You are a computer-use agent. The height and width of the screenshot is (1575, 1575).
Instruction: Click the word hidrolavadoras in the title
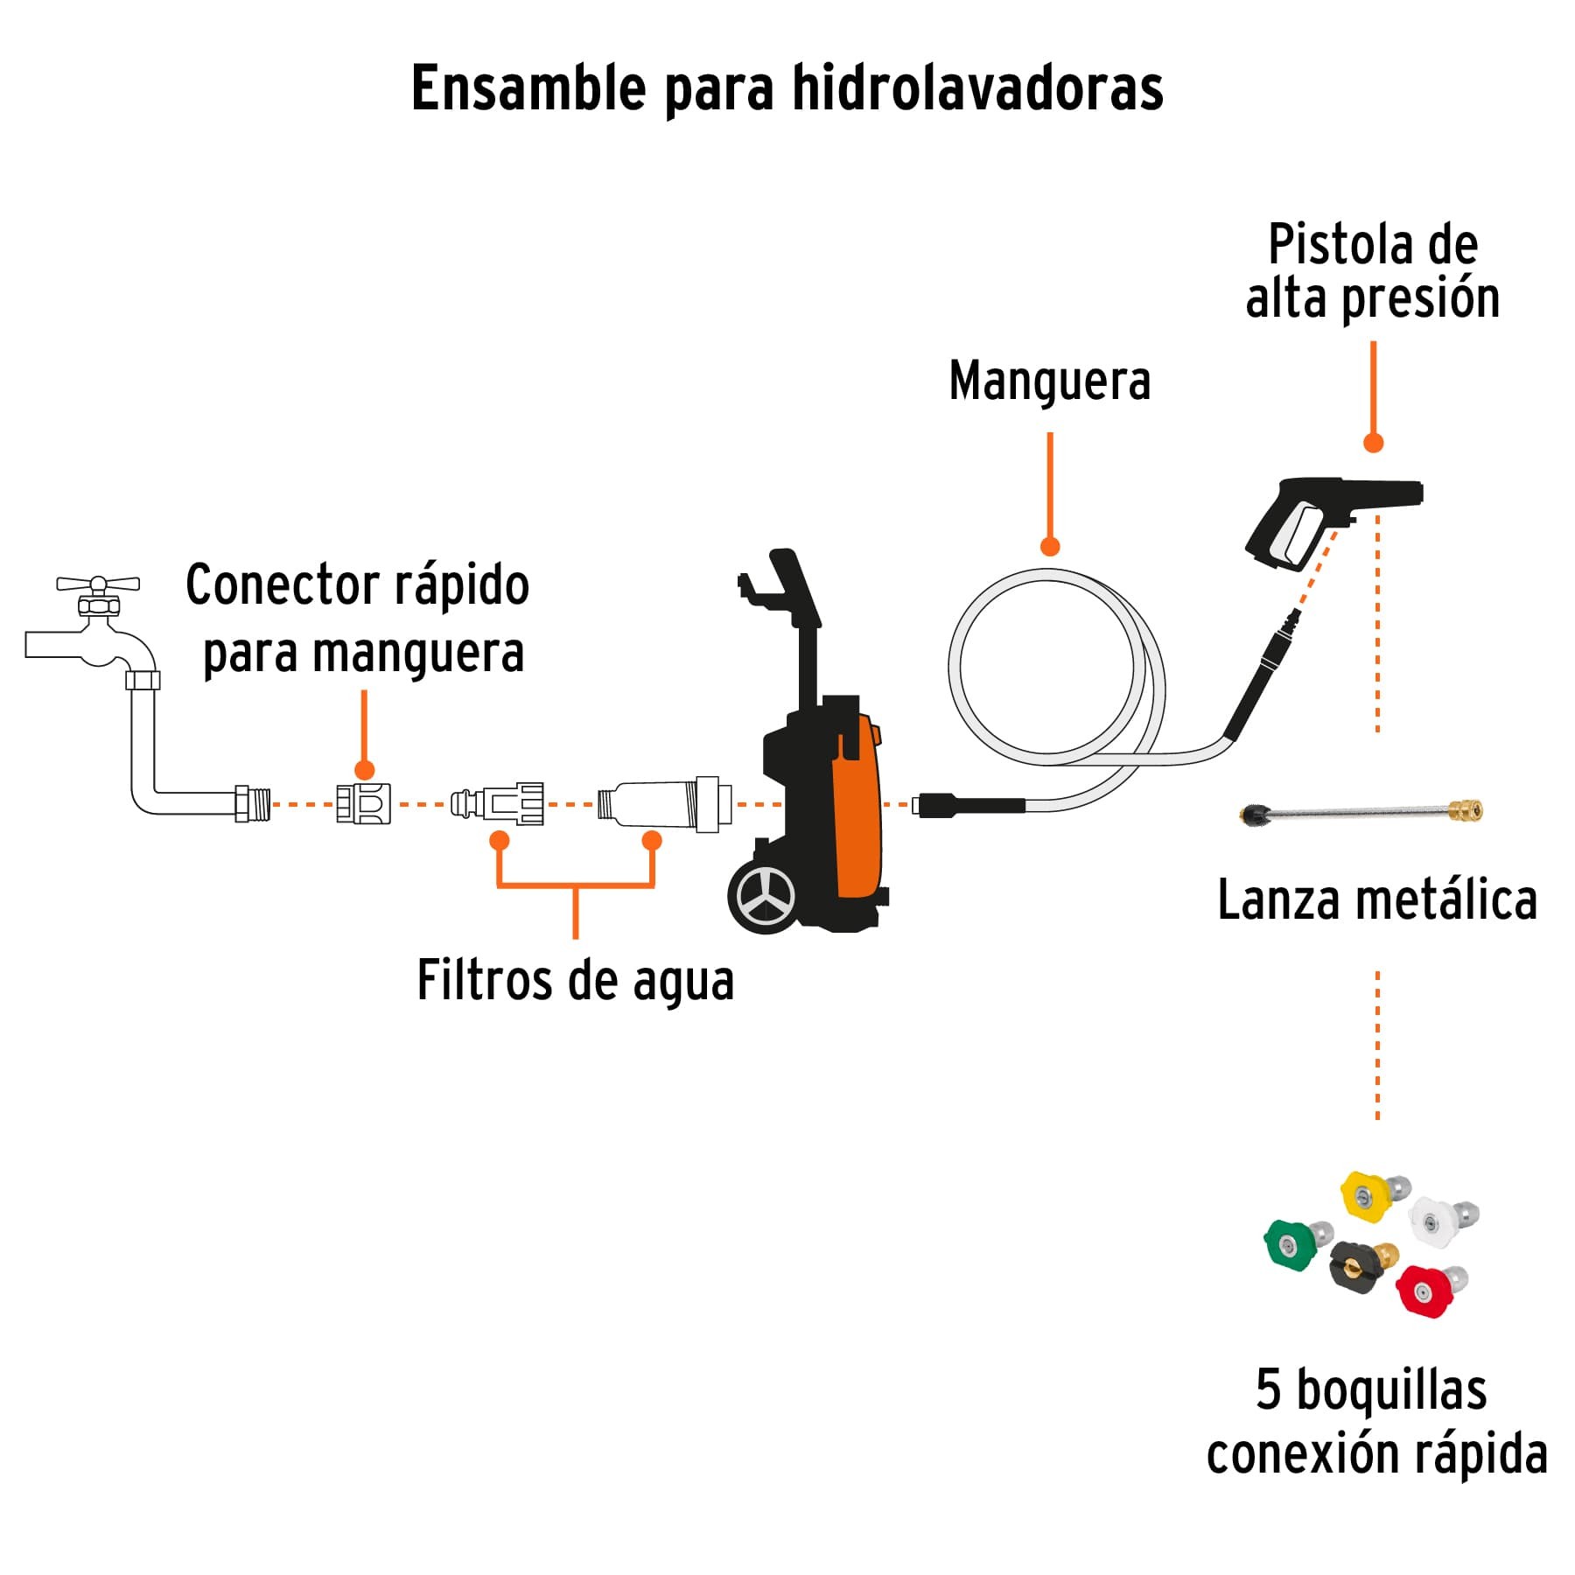click(977, 88)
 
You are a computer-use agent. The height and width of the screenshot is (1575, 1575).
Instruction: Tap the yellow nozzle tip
click(1368, 1195)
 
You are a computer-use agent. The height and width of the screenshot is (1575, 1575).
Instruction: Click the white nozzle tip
click(1435, 1220)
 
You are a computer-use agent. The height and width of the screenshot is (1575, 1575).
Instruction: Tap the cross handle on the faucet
click(98, 584)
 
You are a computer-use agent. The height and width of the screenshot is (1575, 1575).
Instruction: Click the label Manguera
click(1049, 381)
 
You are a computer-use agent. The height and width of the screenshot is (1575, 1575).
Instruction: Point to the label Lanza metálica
click(1376, 900)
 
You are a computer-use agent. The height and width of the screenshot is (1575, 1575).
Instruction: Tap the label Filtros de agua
click(575, 981)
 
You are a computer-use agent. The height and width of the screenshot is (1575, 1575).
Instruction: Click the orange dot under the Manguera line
click(1050, 547)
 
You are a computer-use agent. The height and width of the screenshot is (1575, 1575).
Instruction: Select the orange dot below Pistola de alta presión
click(1373, 443)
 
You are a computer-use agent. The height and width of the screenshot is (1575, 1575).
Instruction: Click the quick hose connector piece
click(364, 803)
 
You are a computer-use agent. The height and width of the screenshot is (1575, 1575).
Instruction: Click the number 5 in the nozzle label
click(1268, 1389)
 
